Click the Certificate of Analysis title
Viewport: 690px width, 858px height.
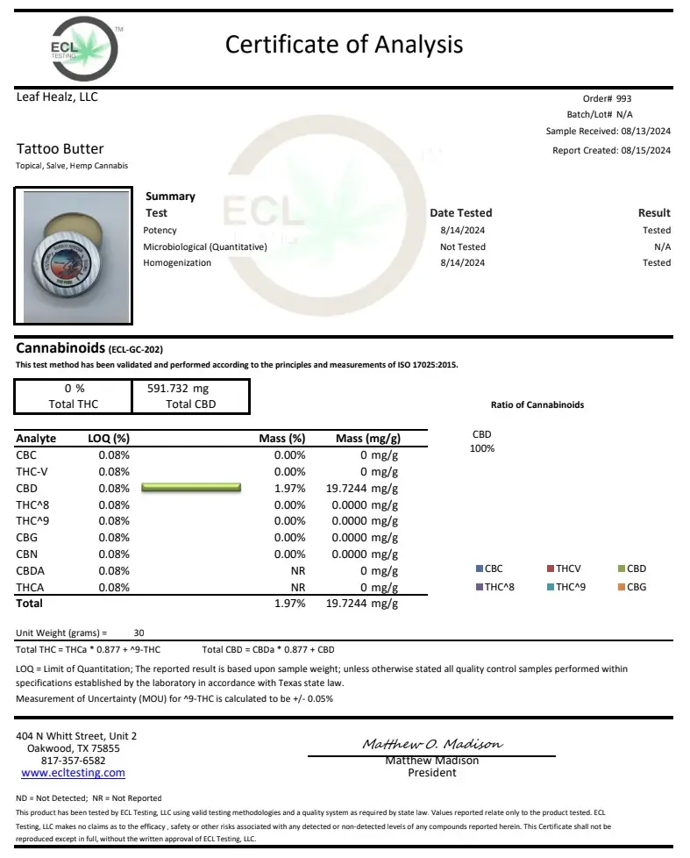coord(344,44)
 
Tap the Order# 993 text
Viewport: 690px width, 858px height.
coord(607,99)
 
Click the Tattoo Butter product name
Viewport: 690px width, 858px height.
coord(60,149)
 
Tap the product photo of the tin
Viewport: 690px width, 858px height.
coord(72,254)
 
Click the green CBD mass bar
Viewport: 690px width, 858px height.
coord(190,488)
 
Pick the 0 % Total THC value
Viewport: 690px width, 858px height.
coord(75,388)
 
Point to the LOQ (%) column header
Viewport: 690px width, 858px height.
coord(109,439)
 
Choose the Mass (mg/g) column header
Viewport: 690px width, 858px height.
coord(368,439)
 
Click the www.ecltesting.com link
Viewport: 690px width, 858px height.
coord(73,773)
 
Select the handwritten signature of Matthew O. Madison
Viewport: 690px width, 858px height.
coord(432,744)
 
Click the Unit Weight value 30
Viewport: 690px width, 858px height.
coord(139,633)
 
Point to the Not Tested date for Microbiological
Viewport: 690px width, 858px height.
coord(462,247)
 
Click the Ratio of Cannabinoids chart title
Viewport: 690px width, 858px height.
coord(537,405)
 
